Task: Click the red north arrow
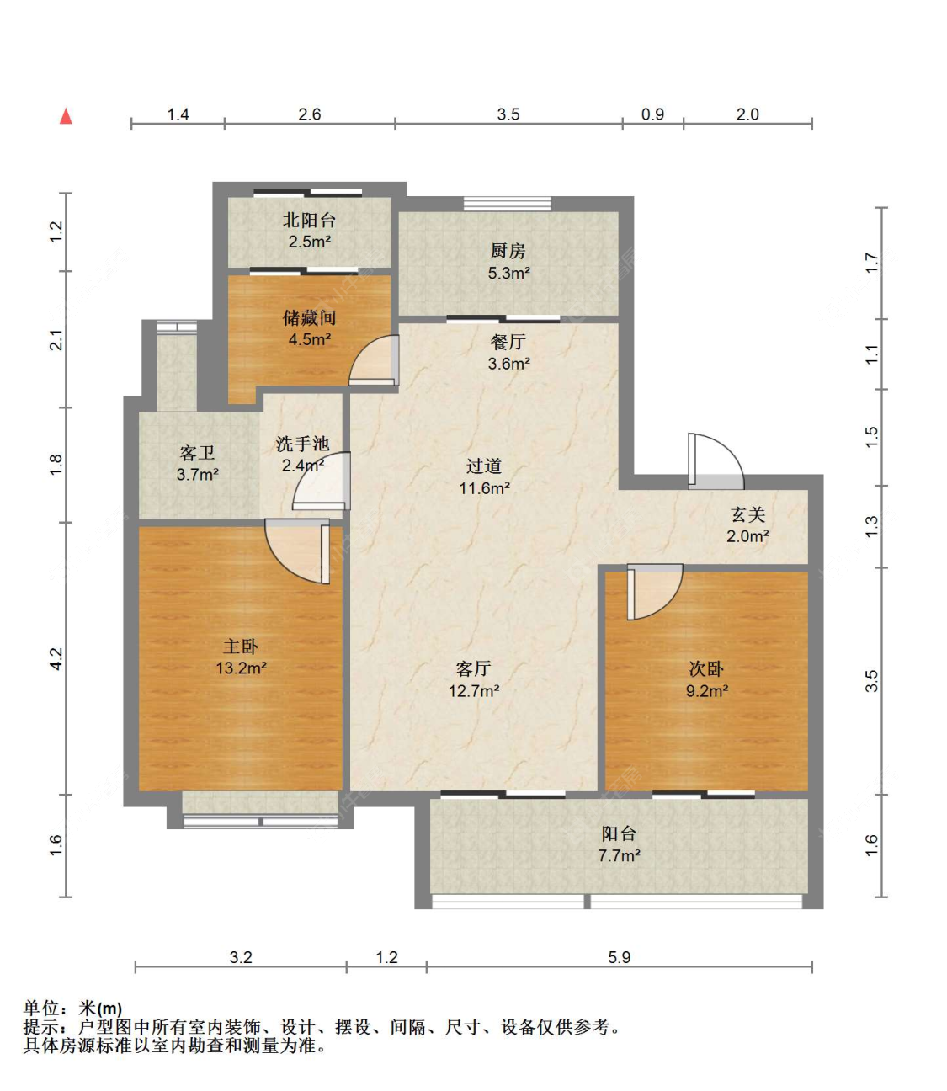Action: [66, 116]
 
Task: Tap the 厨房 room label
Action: [508, 251]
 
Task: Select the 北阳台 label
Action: [309, 221]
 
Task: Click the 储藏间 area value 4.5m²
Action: [310, 339]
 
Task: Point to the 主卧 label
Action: [241, 647]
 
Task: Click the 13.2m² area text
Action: [241, 668]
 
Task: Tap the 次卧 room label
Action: [706, 668]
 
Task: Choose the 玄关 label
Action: [748, 514]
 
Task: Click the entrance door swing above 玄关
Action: [716, 461]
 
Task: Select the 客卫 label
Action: [197, 453]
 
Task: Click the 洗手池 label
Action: [302, 444]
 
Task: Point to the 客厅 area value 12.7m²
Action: [474, 691]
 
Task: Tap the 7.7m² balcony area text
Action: [619, 856]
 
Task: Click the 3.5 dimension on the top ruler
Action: [508, 114]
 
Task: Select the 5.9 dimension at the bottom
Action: [619, 957]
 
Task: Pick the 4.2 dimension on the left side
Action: [56, 659]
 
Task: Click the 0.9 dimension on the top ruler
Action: [652, 114]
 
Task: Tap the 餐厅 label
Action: [508, 341]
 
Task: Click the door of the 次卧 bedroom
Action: [655, 592]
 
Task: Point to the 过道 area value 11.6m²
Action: [485, 488]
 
